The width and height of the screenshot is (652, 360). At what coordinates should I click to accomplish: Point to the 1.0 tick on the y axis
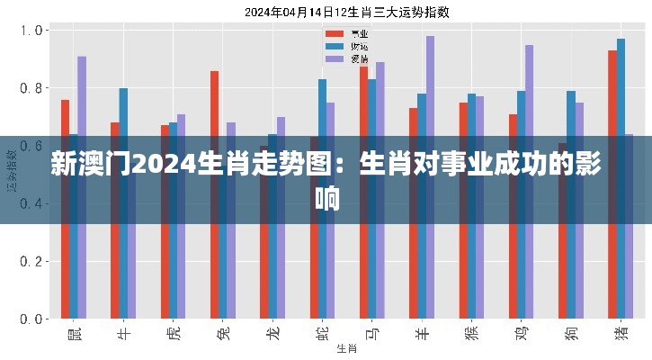(31, 31)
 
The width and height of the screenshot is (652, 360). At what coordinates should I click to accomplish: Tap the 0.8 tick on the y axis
(31, 88)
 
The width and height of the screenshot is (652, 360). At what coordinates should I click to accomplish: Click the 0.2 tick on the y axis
(31, 262)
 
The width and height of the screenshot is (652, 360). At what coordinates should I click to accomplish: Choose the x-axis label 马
(371, 334)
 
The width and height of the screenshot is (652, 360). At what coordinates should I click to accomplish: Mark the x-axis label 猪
(620, 334)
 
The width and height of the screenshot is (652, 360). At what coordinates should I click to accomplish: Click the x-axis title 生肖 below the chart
(345, 347)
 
